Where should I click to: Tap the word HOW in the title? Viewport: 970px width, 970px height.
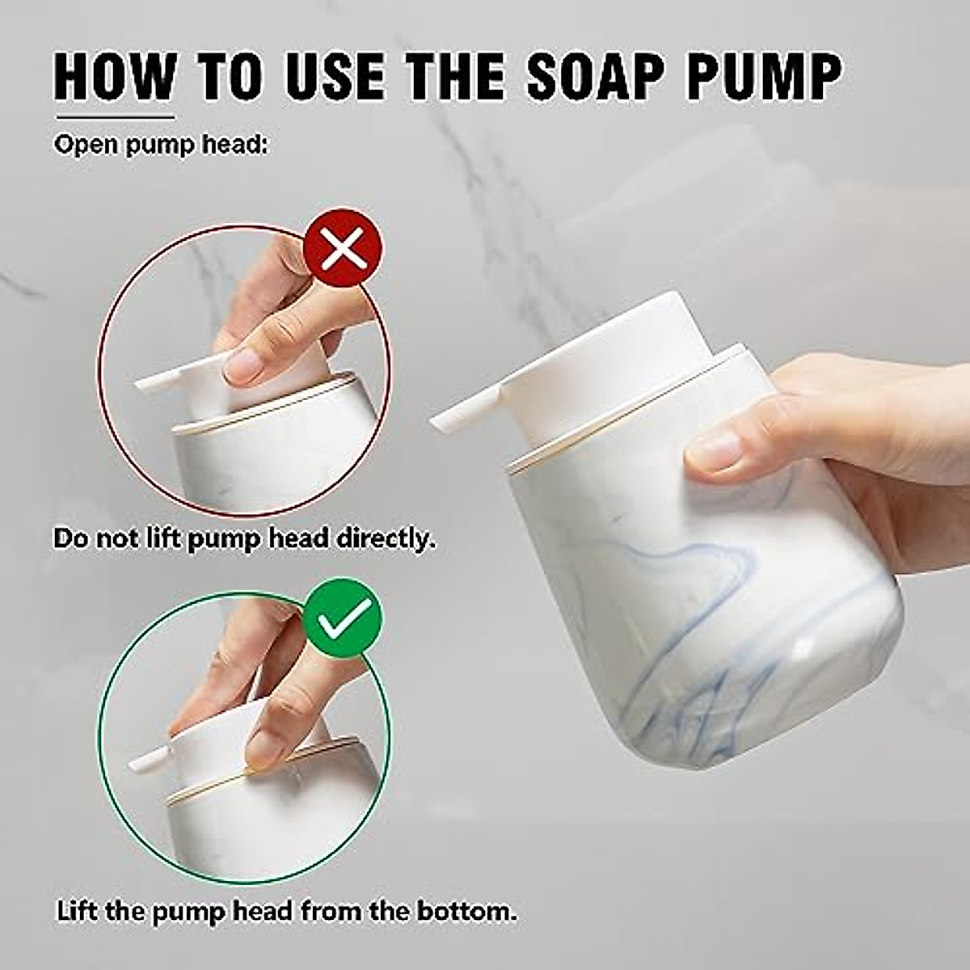click(x=114, y=77)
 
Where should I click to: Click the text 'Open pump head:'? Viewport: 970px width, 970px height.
click(x=160, y=145)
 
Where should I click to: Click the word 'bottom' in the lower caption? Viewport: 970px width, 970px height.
click(x=466, y=912)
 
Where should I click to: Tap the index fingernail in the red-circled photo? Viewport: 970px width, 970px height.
click(x=241, y=368)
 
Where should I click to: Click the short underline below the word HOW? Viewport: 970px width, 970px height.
click(x=114, y=117)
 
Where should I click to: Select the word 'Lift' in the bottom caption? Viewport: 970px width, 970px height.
click(x=78, y=912)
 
